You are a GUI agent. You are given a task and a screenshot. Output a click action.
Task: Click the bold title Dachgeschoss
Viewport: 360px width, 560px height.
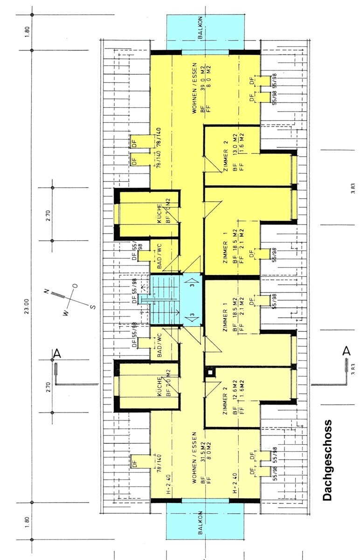pyautogui.click(x=328, y=460)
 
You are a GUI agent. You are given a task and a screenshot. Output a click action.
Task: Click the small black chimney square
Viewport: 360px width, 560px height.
pyautogui.click(x=211, y=372)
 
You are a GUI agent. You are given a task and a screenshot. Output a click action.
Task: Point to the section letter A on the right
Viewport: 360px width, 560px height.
pyautogui.click(x=346, y=351)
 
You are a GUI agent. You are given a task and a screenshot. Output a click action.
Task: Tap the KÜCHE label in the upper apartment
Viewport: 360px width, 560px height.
pyautogui.click(x=159, y=213)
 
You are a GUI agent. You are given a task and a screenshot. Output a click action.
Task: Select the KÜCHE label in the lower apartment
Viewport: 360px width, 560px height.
pyautogui.click(x=159, y=386)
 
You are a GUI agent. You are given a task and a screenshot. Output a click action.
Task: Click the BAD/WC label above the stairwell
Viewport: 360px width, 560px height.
pyautogui.click(x=159, y=256)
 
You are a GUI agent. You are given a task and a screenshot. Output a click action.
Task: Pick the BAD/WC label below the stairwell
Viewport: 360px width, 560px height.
pyautogui.click(x=159, y=345)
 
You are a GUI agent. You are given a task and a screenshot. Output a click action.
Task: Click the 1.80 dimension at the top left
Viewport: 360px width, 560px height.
pyautogui.click(x=27, y=32)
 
